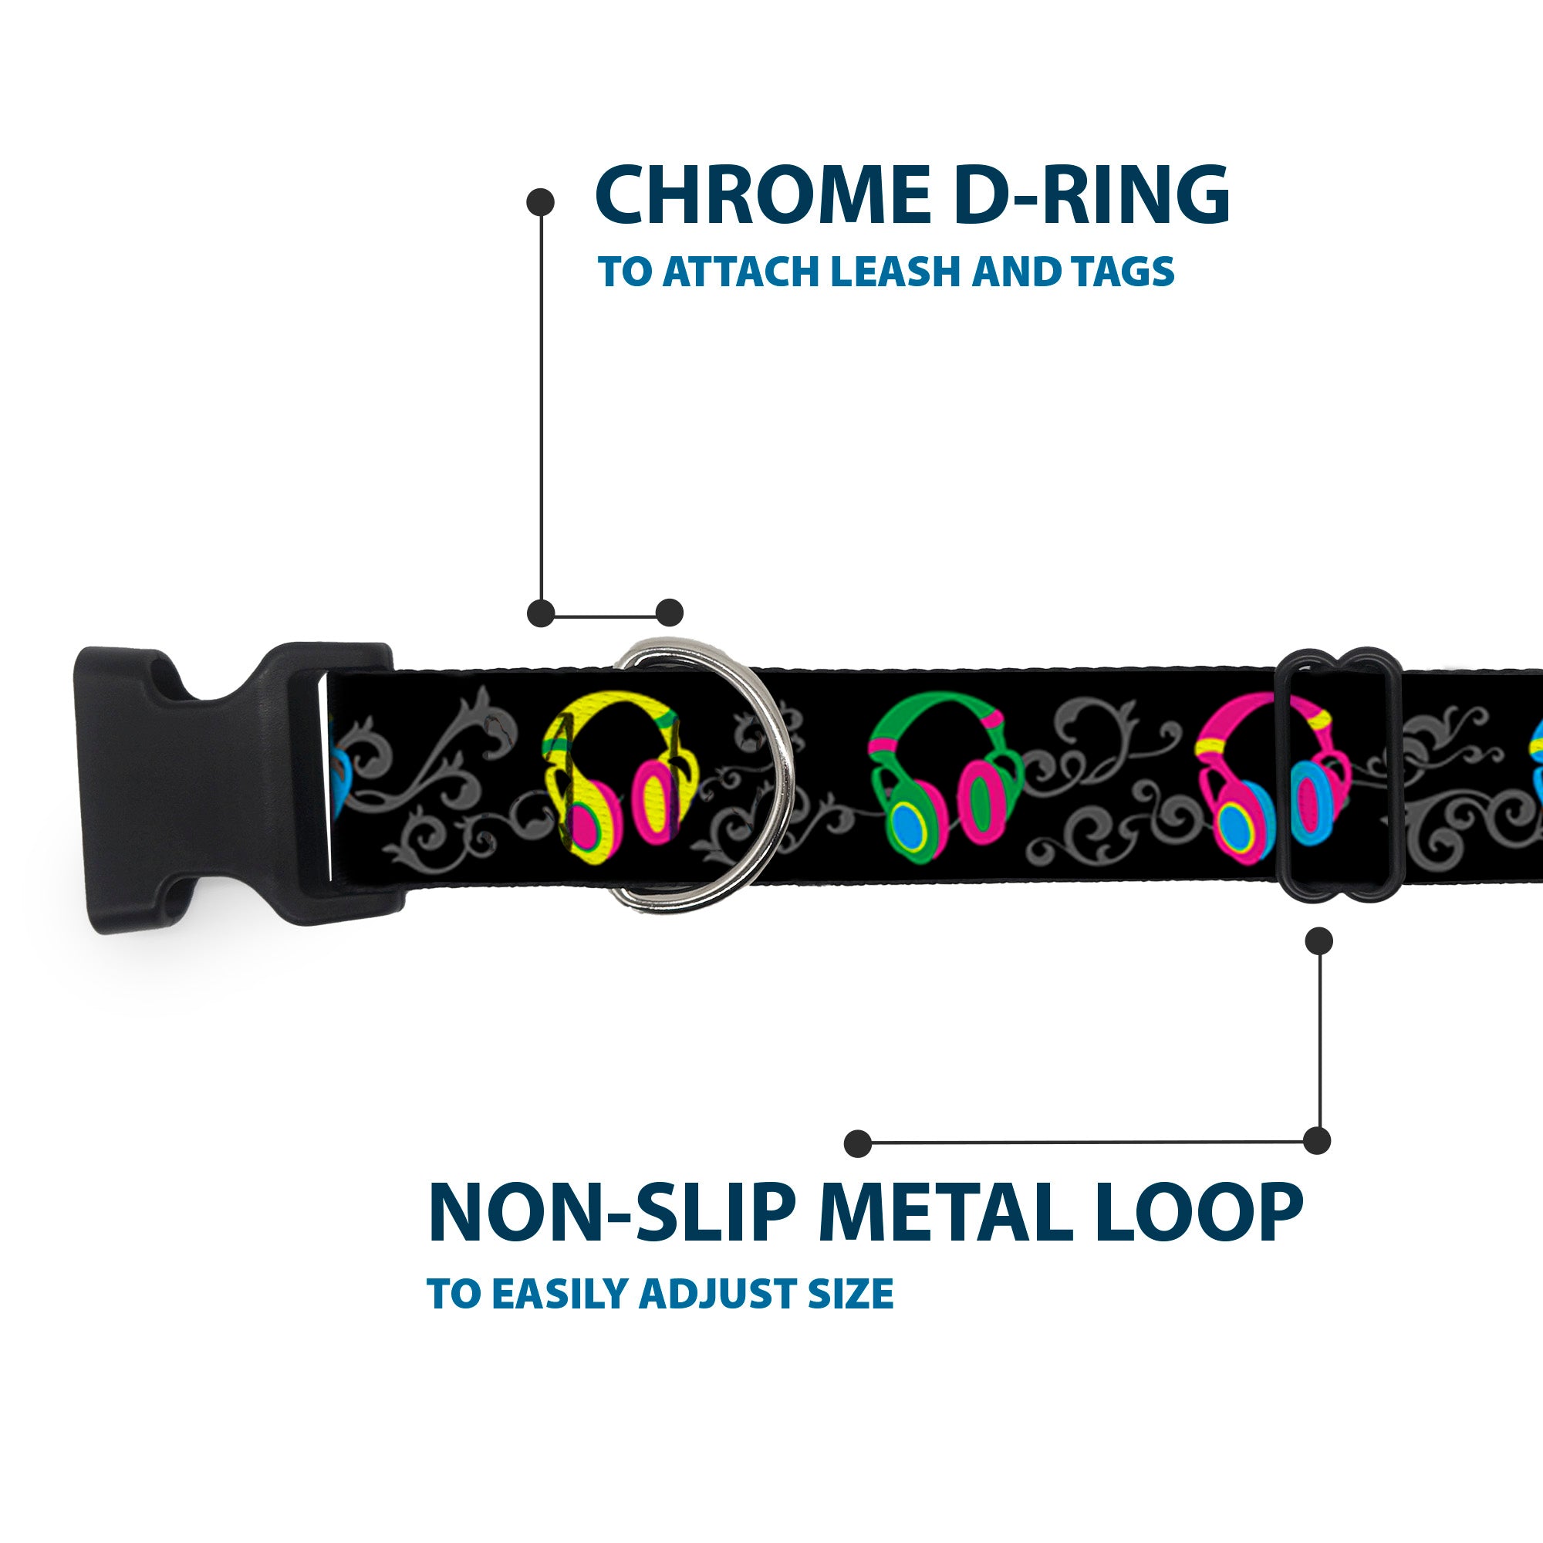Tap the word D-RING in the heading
(x=1091, y=195)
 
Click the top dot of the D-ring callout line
(x=541, y=201)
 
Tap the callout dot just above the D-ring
(x=669, y=613)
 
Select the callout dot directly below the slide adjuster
(x=1318, y=940)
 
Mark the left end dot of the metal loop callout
(x=858, y=1143)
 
